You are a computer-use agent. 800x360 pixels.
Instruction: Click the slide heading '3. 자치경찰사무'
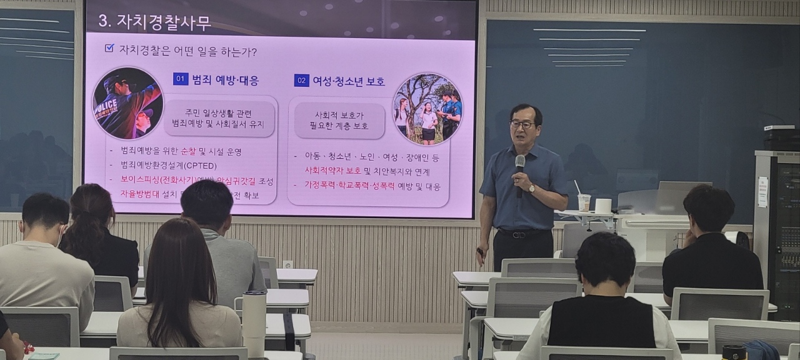point(154,22)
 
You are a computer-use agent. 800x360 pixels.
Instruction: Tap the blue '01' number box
point(181,79)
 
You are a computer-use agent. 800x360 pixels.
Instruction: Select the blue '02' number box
point(301,81)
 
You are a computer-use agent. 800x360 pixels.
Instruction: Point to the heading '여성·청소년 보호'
point(349,81)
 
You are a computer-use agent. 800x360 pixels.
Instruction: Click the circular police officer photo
point(127,102)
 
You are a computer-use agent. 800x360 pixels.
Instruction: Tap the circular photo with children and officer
point(427,108)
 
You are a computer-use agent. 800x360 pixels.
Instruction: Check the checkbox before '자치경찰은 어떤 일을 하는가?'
point(109,48)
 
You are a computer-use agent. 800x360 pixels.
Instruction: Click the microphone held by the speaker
point(520,165)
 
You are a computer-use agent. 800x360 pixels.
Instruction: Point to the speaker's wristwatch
point(531,188)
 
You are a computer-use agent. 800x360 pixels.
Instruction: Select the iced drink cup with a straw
point(584,201)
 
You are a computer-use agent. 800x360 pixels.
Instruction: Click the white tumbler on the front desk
point(254,322)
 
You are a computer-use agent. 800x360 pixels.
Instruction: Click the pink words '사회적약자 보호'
point(332,171)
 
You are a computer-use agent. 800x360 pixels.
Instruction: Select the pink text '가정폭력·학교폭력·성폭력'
point(345,186)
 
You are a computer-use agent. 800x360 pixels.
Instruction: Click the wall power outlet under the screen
point(287,264)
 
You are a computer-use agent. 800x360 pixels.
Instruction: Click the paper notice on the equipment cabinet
point(762,192)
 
